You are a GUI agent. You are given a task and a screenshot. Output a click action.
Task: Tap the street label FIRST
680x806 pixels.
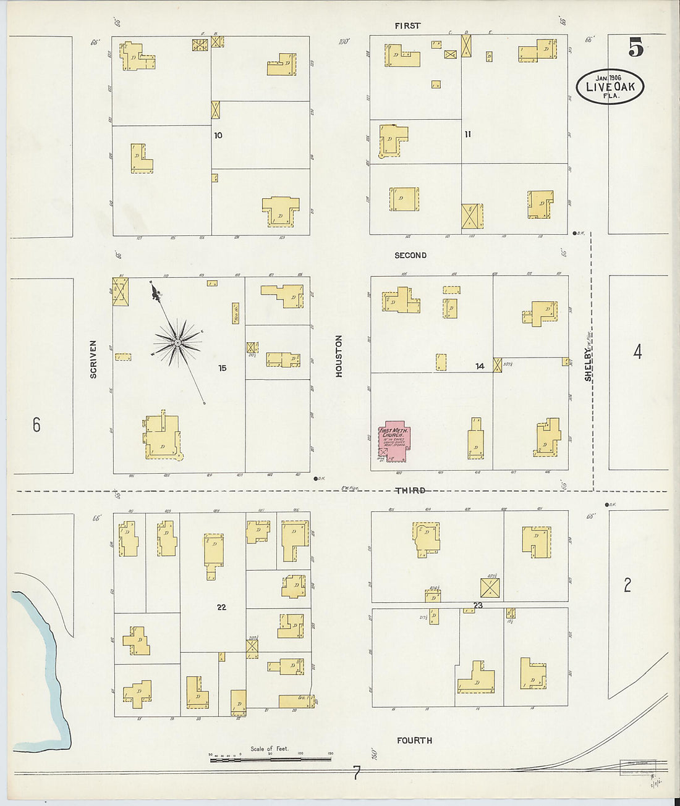point(407,26)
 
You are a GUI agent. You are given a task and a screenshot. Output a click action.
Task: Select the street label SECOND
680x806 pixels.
point(410,255)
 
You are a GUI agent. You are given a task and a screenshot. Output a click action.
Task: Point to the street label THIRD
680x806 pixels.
point(410,490)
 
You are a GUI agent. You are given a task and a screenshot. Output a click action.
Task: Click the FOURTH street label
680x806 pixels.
point(414,740)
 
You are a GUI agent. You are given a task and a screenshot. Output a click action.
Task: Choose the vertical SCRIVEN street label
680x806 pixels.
point(93,359)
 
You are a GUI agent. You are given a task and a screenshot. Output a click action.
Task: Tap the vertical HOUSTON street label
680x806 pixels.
point(339,356)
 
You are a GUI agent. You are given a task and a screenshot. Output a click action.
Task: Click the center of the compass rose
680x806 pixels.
point(177,342)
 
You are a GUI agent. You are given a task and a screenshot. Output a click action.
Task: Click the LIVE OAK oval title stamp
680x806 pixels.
point(610,86)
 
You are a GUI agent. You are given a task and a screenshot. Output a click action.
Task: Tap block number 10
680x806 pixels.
point(218,135)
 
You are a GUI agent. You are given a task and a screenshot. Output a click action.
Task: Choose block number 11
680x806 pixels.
point(468,134)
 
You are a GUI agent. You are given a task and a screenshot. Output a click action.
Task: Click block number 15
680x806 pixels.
point(222,368)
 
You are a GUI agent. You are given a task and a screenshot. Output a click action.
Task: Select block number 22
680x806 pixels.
point(221,607)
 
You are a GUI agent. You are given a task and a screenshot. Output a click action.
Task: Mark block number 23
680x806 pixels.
point(478,605)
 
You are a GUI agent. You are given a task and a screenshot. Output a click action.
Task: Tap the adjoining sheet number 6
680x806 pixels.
point(36,424)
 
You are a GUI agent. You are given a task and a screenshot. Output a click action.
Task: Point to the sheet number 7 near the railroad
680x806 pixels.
point(356,772)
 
